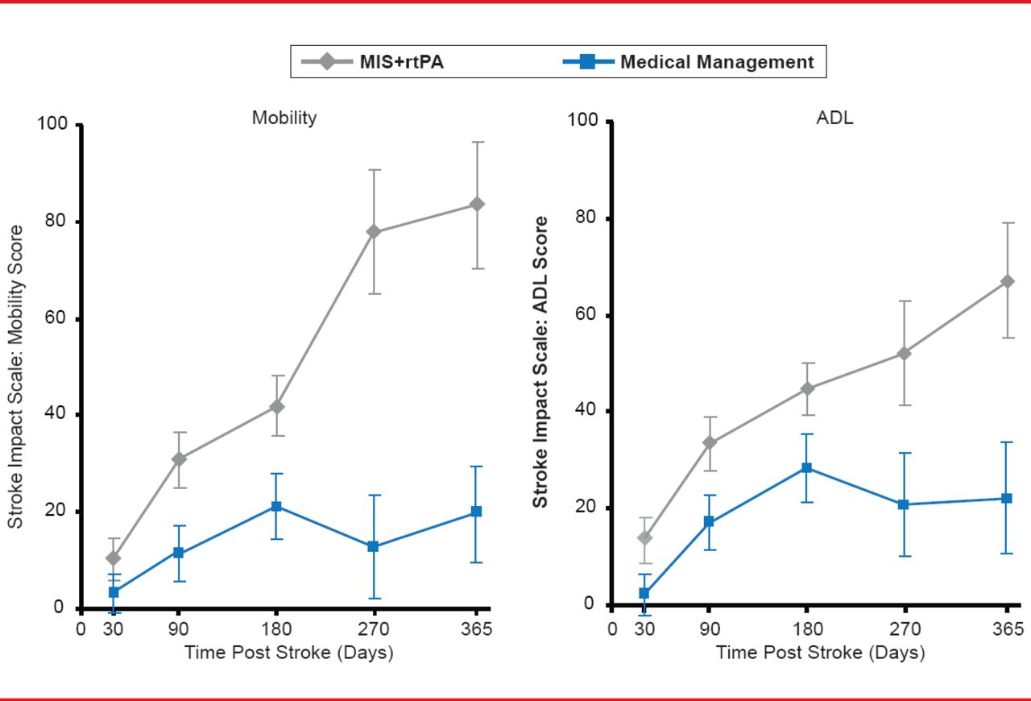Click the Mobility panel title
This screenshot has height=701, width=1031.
pos(284,118)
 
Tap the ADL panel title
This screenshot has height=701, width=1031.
pos(834,118)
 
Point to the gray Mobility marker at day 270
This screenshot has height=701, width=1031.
pos(374,232)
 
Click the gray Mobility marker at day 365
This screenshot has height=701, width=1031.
pos(477,205)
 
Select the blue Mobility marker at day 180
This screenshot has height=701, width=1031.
pos(276,506)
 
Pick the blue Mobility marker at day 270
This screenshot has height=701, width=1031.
pos(374,546)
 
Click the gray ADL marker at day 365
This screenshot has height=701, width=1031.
pos(1007,281)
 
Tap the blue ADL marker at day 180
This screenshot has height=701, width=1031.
pos(805,467)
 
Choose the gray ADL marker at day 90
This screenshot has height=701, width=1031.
pos(709,442)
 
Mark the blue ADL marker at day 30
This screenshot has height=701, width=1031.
pos(644,593)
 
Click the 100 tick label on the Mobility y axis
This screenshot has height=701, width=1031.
pos(52,125)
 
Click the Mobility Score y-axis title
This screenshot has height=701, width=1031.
pos(15,377)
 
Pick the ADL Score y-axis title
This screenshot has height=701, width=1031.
pos(541,362)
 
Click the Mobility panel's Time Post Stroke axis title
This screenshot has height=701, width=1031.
pos(288,652)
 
